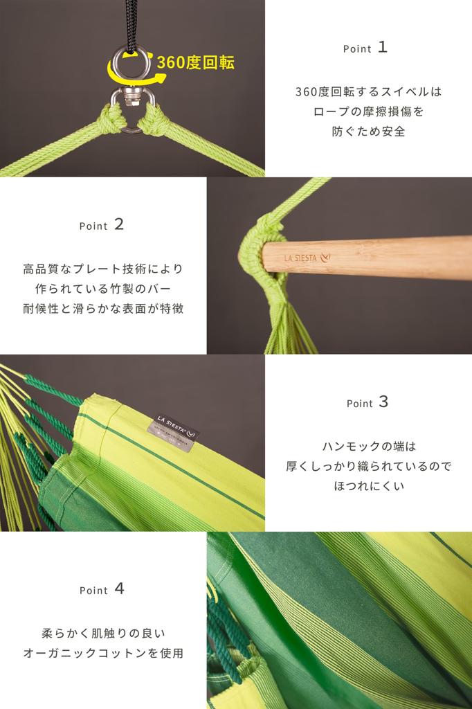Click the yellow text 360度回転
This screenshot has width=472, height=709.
click(196, 62)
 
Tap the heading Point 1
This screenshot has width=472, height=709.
click(365, 48)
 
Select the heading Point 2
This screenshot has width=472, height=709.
click(101, 225)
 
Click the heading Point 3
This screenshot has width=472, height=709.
click(367, 402)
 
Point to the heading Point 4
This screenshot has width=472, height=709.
click(102, 589)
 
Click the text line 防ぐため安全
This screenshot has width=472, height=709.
click(368, 131)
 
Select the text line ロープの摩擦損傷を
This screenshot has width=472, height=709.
click(368, 111)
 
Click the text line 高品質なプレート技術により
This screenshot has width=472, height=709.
click(103, 269)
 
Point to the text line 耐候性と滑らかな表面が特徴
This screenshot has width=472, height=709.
click(103, 309)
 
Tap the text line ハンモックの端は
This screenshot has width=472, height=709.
click(369, 447)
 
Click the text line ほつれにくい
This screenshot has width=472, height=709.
click(369, 487)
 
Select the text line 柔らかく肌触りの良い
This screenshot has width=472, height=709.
click(103, 633)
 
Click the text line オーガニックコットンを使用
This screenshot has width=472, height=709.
click(103, 653)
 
